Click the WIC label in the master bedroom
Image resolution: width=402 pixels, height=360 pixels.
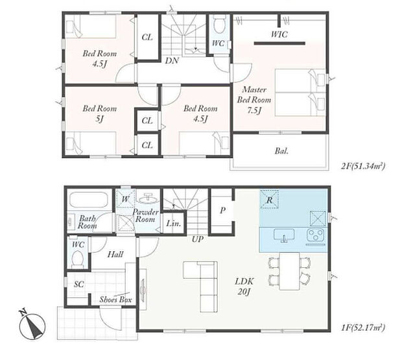tap(279, 34)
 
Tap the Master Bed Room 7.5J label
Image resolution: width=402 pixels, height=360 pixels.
tap(254, 100)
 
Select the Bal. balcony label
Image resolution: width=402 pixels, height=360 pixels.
tap(281, 151)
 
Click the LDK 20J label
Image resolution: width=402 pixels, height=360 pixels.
tap(244, 286)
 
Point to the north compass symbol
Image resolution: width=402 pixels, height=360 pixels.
tap(32, 324)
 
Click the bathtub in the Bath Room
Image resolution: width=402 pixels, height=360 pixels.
tap(91, 200)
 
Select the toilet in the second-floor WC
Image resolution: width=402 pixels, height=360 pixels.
tap(219, 25)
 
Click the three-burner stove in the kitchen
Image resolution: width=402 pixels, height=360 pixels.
tap(316, 235)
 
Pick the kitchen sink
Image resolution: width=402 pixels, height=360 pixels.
tap(284, 235)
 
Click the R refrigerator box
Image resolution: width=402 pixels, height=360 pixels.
tap(269, 199)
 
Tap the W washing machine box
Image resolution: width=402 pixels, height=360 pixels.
tap(125, 198)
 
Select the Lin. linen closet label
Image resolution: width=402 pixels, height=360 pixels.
tap(174, 223)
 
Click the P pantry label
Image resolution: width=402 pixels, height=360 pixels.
tap(222, 211)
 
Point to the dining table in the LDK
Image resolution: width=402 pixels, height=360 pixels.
tap(289, 271)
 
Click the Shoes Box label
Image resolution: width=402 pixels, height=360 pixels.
tap(115, 300)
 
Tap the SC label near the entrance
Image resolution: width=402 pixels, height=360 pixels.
tap(79, 284)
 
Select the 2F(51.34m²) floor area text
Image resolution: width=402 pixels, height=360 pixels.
tap(363, 166)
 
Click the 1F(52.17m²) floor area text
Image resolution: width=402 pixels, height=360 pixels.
tap(363, 328)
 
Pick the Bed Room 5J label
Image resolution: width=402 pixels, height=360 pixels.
tap(100, 114)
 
